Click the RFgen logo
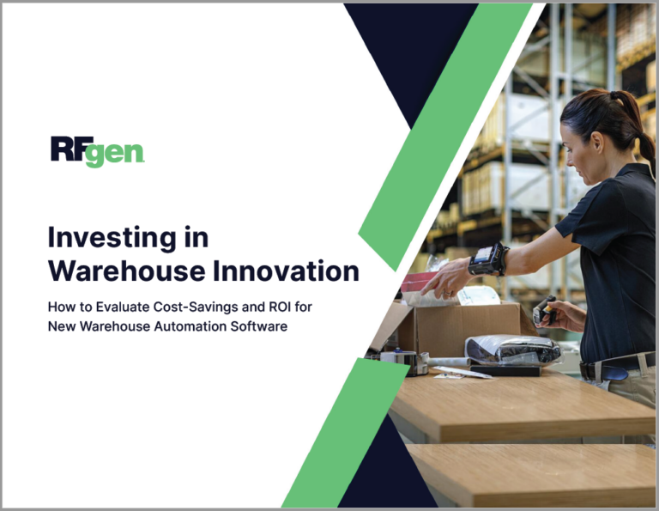97,151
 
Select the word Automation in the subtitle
201,326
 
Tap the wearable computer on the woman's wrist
487,259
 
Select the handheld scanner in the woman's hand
544,312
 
